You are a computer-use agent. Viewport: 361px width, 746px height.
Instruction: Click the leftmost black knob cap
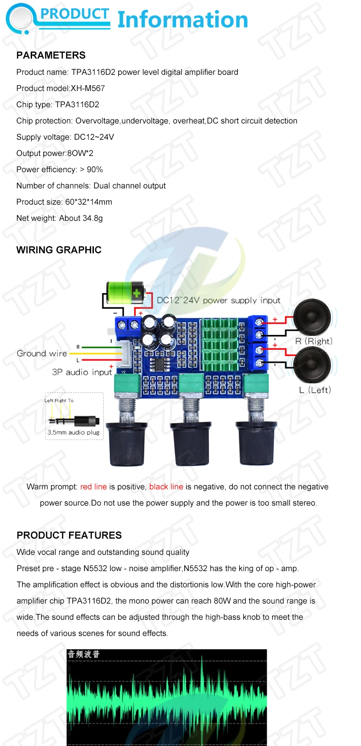tap(128, 444)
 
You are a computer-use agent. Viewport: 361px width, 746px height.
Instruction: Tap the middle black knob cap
tap(190, 444)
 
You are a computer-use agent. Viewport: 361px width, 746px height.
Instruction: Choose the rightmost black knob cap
tap(256, 444)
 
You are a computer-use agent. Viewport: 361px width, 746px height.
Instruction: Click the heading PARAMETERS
tap(51, 55)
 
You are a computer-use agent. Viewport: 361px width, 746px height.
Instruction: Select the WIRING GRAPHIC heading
tap(59, 250)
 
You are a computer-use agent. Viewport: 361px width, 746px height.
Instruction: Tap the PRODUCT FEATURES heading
tap(69, 535)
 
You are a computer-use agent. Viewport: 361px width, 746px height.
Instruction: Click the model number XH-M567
tap(88, 88)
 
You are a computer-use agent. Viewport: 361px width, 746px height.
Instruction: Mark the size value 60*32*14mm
tap(88, 202)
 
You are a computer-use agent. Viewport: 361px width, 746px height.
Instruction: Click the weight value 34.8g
tap(93, 218)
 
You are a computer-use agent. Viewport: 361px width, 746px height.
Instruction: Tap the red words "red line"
tap(93, 487)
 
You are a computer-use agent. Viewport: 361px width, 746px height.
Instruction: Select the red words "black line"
tap(166, 487)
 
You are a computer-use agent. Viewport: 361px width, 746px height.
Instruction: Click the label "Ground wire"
tap(42, 354)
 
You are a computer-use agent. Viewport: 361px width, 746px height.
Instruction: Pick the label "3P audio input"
tap(82, 372)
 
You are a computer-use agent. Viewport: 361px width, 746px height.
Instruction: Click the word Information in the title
tap(183, 20)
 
